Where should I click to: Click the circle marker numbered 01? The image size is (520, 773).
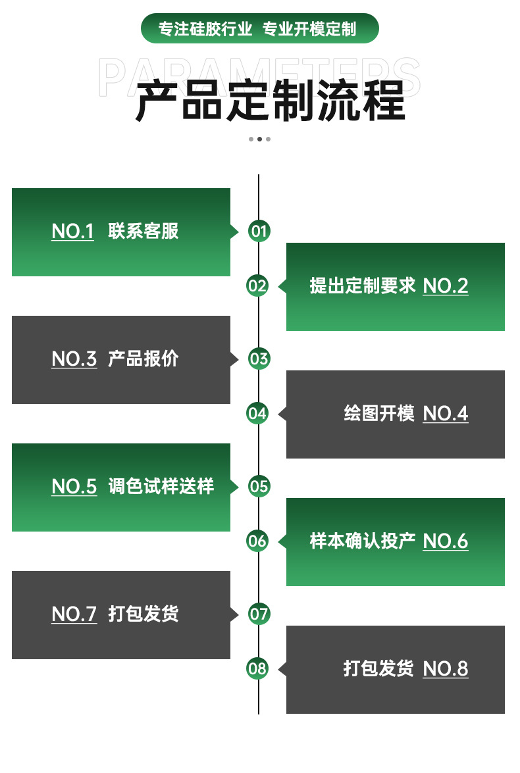click(259, 231)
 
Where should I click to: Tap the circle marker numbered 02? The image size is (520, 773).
click(257, 286)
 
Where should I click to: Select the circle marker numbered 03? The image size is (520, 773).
click(259, 359)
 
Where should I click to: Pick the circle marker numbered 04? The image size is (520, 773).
click(257, 413)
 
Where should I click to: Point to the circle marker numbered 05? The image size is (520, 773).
click(259, 486)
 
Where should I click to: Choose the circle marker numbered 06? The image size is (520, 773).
click(257, 541)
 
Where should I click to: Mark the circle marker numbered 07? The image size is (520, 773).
click(259, 614)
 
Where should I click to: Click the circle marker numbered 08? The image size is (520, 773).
click(257, 668)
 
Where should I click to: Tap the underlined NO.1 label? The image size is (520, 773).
click(73, 232)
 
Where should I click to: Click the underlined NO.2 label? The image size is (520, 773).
click(446, 286)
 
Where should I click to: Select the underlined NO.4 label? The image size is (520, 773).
click(446, 414)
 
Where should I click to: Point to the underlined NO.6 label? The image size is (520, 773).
click(446, 541)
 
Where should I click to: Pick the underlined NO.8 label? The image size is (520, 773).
click(446, 669)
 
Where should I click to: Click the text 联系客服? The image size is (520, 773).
click(143, 232)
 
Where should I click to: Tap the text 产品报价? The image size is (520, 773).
click(143, 359)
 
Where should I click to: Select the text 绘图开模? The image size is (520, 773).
click(379, 414)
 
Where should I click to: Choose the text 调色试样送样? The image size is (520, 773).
click(161, 487)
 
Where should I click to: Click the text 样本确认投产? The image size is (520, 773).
click(363, 541)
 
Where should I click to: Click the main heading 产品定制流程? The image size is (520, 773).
click(270, 101)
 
